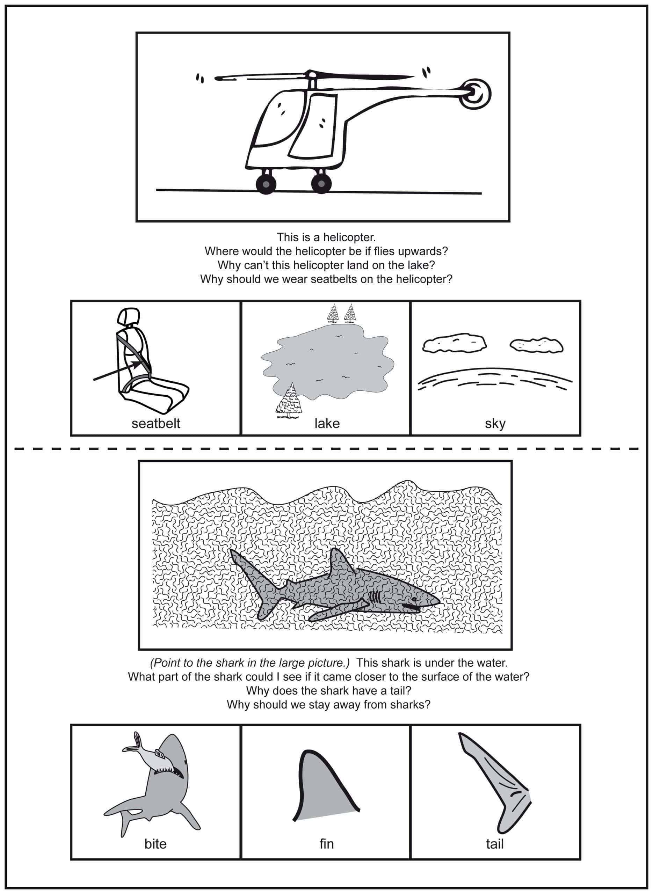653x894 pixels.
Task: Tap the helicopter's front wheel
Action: pos(266,184)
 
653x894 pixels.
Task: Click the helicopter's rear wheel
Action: pos(321,183)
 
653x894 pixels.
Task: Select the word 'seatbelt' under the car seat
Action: pos(156,423)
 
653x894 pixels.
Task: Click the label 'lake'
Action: pos(327,423)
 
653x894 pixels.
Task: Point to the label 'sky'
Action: pos(495,424)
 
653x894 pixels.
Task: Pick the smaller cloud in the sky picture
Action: pos(536,345)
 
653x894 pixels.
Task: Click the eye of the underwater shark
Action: pos(414,599)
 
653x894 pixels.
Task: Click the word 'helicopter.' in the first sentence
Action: pos(349,237)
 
